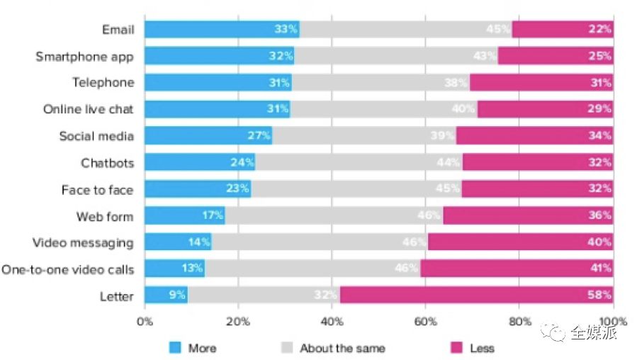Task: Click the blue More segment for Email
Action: [222, 29]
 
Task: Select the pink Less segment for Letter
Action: [476, 296]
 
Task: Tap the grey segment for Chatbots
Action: [359, 162]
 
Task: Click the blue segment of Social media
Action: [208, 136]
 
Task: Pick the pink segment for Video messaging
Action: [520, 242]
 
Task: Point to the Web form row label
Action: [105, 216]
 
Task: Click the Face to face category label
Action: [97, 189]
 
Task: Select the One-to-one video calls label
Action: [67, 269]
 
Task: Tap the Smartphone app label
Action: [84, 56]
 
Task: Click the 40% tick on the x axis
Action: [332, 321]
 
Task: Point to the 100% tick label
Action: [614, 321]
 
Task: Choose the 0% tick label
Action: [145, 321]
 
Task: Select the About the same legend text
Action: [342, 348]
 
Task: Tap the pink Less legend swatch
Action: [457, 348]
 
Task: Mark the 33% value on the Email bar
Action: [285, 29]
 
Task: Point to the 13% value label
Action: [192, 269]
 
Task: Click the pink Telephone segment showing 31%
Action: [541, 82]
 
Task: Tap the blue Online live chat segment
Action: [217, 109]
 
